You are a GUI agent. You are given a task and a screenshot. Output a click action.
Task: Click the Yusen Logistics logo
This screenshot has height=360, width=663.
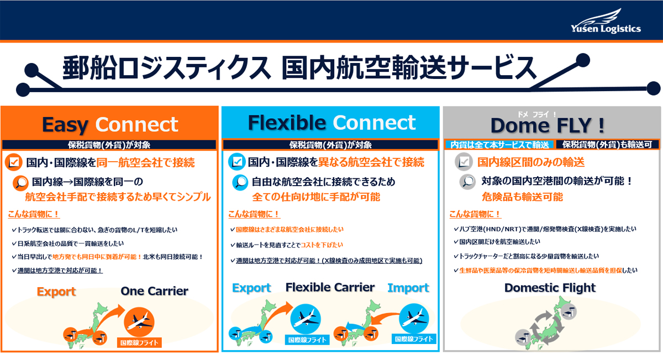coord(606,21)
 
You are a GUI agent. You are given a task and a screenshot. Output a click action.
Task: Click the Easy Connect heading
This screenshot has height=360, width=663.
coord(110,125)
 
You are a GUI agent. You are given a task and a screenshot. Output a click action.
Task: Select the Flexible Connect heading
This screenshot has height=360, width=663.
coord(331,123)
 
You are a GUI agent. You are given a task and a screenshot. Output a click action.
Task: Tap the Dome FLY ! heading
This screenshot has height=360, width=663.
coord(548,125)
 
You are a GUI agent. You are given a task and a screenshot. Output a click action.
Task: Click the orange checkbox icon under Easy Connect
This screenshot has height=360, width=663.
coord(14,162)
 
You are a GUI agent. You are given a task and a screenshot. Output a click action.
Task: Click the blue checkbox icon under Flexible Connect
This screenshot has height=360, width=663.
coord(237,162)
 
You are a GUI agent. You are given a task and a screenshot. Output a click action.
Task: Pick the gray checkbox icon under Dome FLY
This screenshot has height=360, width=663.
coord(464,162)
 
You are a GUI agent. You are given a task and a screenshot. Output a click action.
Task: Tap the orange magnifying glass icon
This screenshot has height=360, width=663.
coord(21,183)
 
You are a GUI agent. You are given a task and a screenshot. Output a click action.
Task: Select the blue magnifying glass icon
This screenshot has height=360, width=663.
coord(240,182)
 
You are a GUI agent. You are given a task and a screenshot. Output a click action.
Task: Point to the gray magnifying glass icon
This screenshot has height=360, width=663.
coord(467,182)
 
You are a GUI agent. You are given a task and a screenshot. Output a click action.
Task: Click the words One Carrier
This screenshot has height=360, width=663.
coord(154,291)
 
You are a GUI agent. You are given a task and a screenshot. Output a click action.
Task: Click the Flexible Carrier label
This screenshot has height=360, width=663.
coord(330,287)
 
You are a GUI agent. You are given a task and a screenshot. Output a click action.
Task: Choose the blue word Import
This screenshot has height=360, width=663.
coord(408,288)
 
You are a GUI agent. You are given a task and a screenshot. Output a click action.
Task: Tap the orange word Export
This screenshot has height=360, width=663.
coord(56,292)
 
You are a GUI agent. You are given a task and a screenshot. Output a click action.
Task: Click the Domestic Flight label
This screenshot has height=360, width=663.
coord(550,288)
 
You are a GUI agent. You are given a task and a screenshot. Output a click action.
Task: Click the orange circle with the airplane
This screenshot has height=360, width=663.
coord(139,322)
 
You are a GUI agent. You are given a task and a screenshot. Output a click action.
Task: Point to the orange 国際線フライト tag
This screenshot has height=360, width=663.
coord(139,343)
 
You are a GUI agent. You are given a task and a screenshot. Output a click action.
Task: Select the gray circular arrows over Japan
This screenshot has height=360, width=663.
coord(546,327)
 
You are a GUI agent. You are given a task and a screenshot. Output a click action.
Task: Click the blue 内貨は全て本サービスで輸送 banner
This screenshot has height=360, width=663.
coord(499,145)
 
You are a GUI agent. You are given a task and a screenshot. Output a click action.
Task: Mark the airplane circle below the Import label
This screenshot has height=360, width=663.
coord(414,319)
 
